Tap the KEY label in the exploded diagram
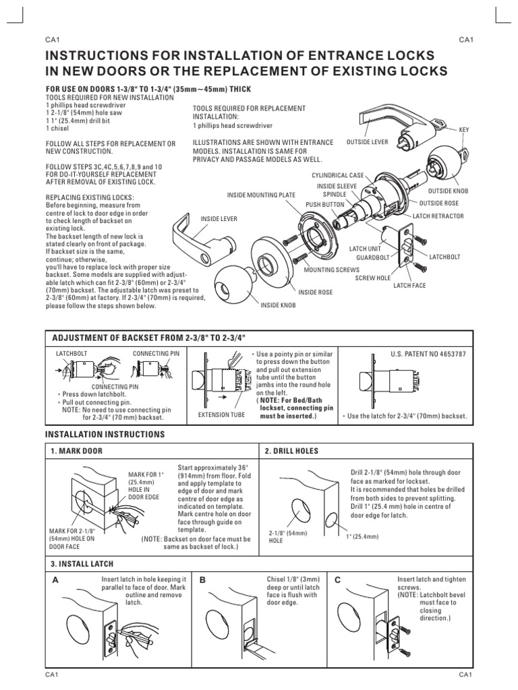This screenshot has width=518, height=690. pyautogui.click(x=463, y=129)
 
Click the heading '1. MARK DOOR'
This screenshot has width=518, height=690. pyautogui.click(x=73, y=450)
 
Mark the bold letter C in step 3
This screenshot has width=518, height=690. pyautogui.click(x=337, y=579)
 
